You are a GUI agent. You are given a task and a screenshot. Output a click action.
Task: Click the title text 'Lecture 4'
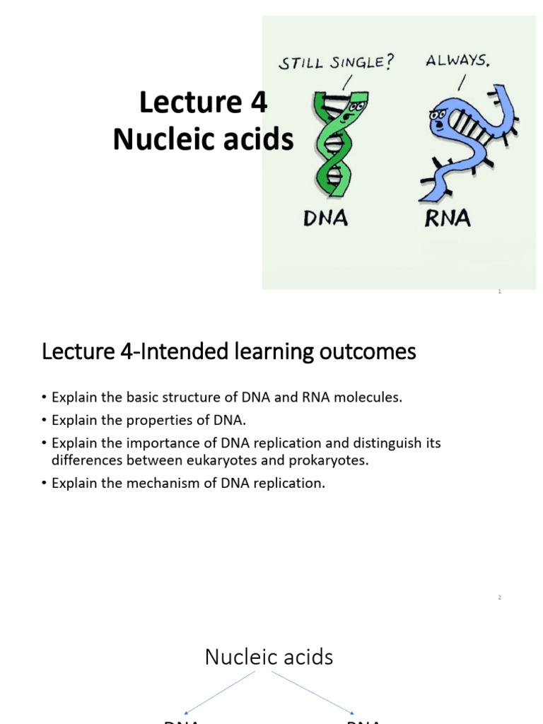[x=203, y=103]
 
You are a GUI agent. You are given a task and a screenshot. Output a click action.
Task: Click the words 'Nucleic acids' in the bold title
[x=203, y=139]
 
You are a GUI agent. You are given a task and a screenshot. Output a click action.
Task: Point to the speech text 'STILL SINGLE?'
[x=336, y=63]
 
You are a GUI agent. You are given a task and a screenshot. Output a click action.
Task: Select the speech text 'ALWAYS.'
[x=457, y=60]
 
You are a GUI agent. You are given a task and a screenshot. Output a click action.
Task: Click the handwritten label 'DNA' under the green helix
[x=325, y=218]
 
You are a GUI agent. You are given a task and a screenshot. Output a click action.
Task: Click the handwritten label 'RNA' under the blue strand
[x=447, y=218]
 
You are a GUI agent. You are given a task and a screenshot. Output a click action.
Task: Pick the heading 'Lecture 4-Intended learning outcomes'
[x=229, y=351]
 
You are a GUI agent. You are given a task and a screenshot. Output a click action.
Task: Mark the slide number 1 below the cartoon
[x=499, y=291]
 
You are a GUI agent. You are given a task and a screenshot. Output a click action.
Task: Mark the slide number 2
[x=499, y=597]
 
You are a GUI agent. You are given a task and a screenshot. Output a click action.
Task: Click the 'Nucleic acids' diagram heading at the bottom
[x=269, y=657]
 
